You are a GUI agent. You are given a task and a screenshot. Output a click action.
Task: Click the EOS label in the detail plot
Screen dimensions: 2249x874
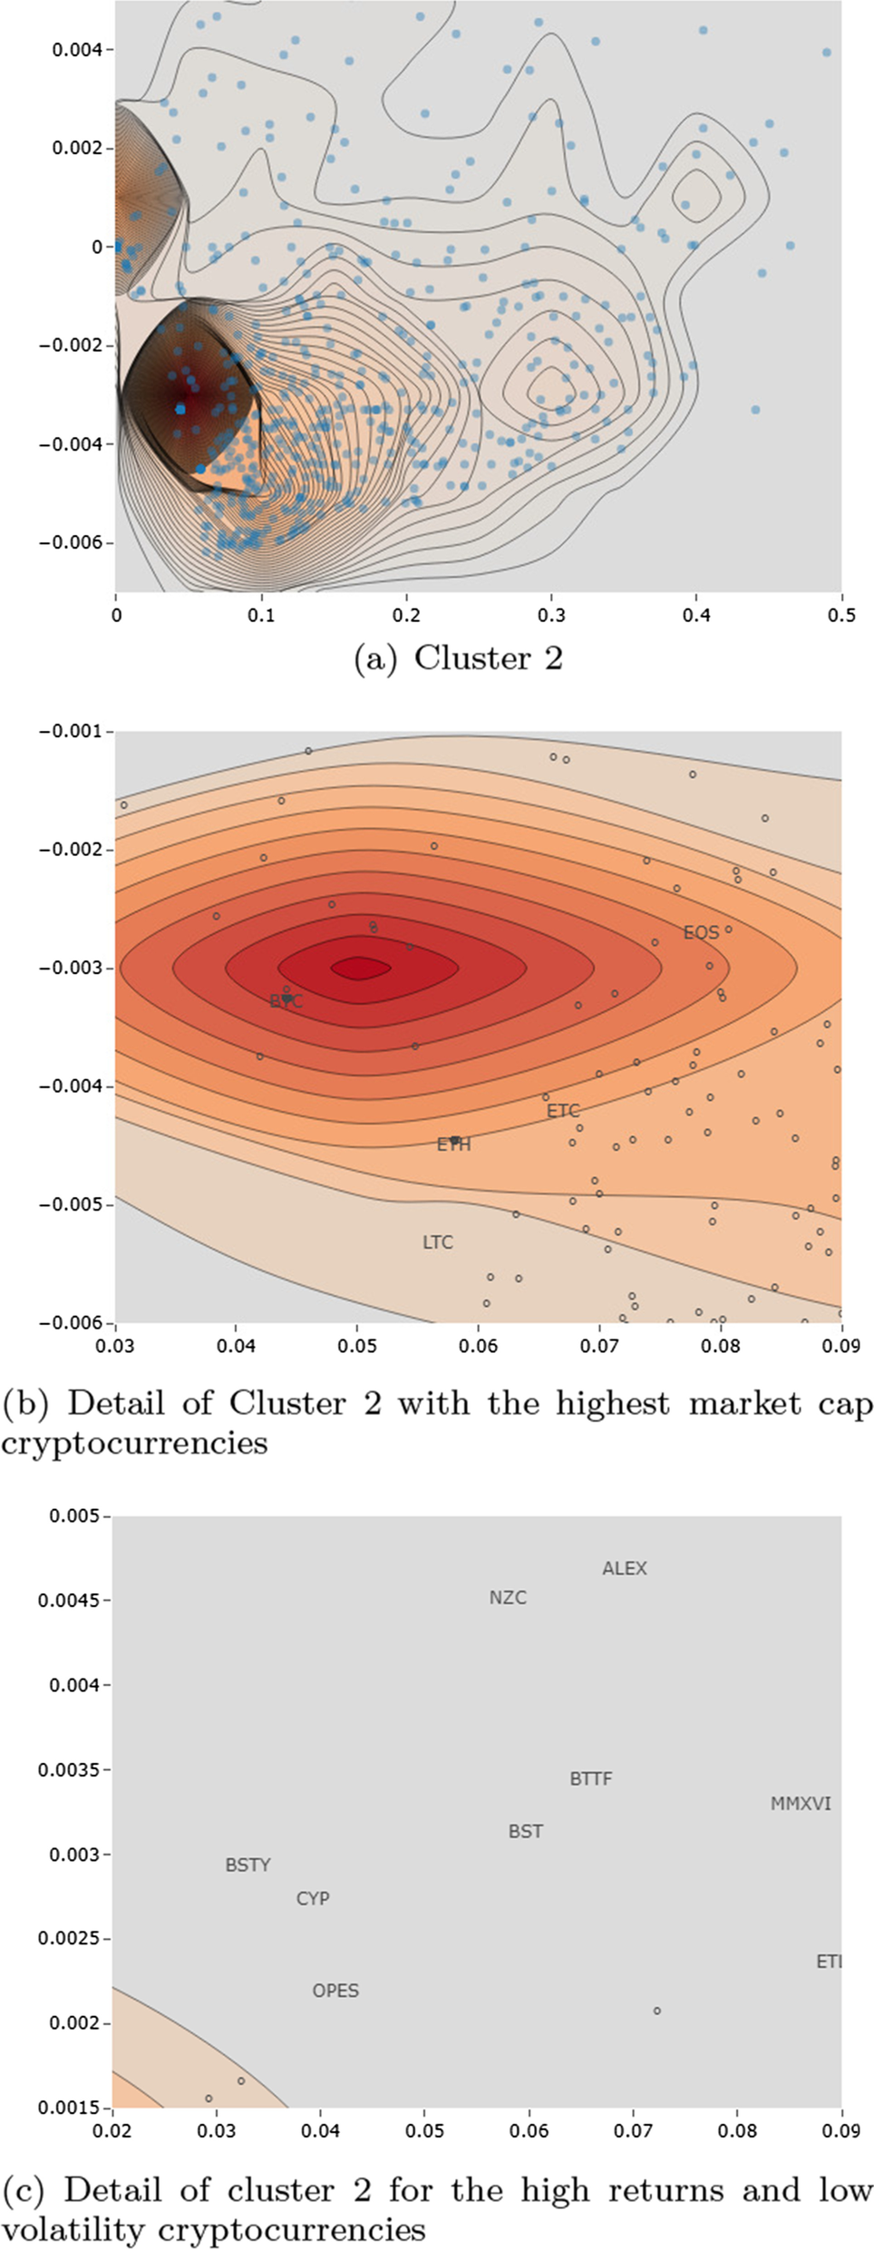coord(701,932)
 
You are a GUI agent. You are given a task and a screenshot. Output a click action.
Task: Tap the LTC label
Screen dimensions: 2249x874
coord(437,1242)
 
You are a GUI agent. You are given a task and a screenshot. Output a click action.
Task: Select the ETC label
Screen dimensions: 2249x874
coord(563,1110)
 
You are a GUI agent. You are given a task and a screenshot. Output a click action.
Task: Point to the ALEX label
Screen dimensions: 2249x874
coord(625,1568)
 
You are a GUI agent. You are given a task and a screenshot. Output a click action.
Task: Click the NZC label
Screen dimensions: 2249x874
coord(508,1597)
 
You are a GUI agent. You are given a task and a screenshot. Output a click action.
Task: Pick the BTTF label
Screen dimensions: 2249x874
coord(590,1778)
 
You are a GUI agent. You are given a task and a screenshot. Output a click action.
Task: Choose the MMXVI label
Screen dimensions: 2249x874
coord(801,1804)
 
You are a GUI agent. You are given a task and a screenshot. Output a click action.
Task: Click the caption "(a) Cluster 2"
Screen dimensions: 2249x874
coord(458,658)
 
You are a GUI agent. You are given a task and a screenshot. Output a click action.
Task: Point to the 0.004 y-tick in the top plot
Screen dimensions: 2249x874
coord(77,49)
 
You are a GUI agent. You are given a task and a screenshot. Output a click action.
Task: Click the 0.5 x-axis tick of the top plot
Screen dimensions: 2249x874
coord(840,615)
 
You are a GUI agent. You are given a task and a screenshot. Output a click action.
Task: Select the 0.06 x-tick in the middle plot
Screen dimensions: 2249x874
coord(478,1346)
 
